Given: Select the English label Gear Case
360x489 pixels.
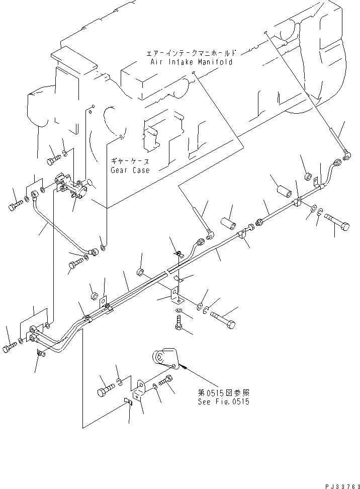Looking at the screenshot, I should click(130, 170).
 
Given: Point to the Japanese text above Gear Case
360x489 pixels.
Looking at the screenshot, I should click(131, 162).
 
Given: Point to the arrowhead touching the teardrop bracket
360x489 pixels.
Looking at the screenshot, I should click(186, 369).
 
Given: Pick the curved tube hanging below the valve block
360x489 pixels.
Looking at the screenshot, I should click(60, 226).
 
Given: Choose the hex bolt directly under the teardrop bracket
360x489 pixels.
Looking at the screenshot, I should click(166, 384).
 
